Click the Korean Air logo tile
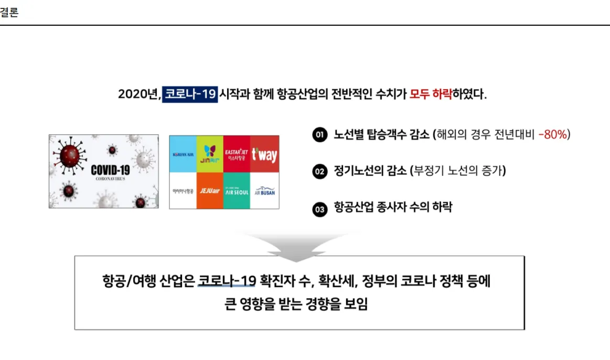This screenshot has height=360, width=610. point(183,154)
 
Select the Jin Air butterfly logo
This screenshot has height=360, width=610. point(210,154)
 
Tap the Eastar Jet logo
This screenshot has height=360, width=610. point(237,154)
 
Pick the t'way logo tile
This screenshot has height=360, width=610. point(264,154)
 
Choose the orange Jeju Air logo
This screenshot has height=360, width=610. point(210,190)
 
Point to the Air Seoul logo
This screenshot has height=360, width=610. point(237,190)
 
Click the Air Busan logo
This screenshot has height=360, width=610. point(264,190)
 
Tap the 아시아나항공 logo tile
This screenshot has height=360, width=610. point(183,190)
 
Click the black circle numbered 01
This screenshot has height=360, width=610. point(319,135)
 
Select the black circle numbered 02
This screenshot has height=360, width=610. point(319,171)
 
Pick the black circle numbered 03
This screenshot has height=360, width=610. point(319,208)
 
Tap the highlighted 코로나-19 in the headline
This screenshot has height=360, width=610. point(189,94)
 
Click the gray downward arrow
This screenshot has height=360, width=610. point(295,247)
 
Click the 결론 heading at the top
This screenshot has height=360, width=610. point(9,13)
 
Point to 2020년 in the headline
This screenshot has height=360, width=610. point(138,94)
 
